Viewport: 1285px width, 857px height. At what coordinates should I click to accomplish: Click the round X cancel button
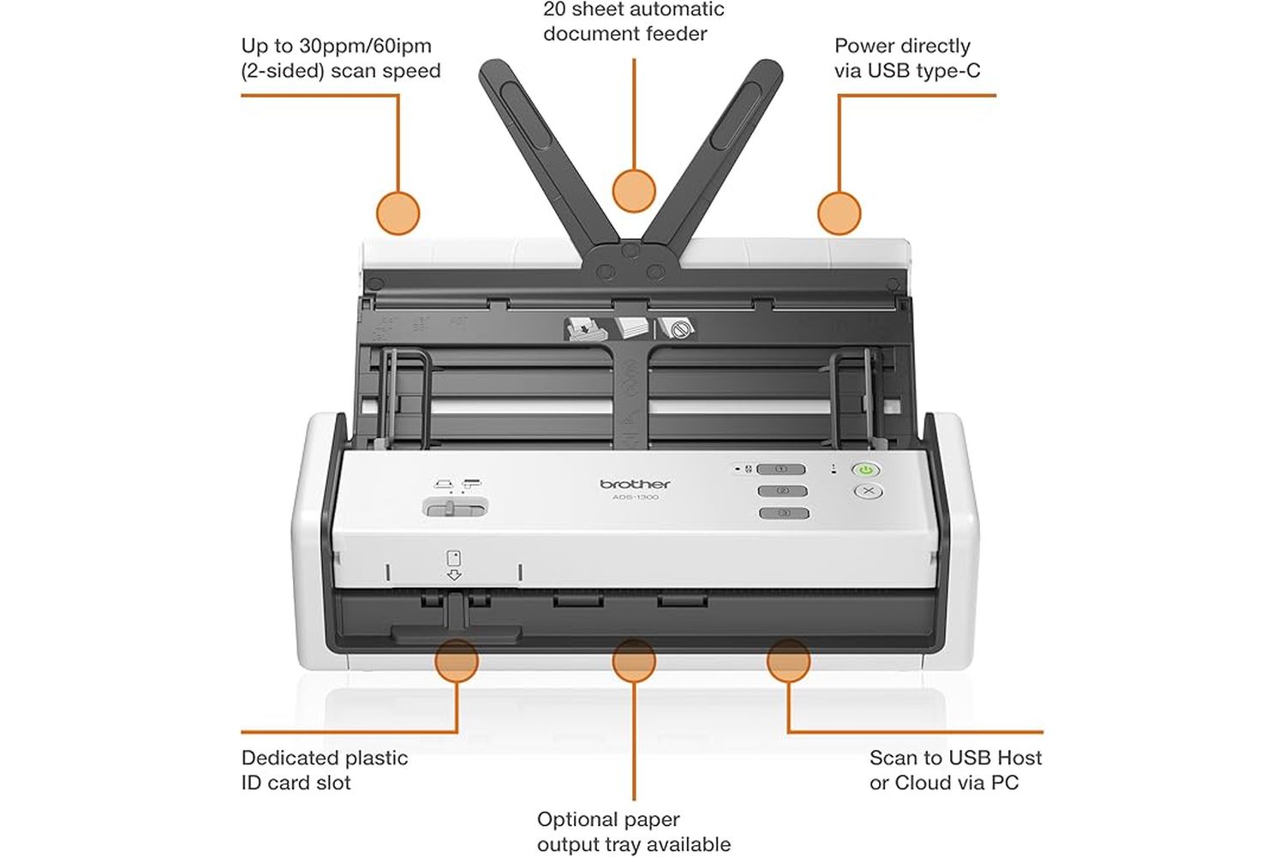coord(868,491)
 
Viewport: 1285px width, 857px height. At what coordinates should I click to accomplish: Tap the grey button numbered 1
coord(782,470)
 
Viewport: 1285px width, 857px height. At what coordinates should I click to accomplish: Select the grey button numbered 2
coord(782,491)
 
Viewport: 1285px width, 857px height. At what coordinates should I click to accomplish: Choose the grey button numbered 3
coord(783,513)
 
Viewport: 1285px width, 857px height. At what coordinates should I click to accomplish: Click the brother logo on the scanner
coord(636,484)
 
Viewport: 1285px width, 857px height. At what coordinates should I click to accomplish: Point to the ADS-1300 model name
coord(636,498)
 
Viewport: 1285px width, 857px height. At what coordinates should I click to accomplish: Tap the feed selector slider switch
coord(456,508)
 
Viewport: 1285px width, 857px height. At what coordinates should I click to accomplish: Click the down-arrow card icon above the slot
coord(454,566)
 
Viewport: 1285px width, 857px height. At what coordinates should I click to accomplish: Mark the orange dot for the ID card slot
coord(457,660)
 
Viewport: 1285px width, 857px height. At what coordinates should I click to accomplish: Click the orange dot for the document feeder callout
coord(635,190)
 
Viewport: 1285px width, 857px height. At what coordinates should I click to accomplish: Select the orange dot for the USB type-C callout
coord(839,213)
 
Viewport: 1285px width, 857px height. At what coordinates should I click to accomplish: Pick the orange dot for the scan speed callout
coord(398,213)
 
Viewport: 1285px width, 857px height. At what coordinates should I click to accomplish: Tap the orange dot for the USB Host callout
coord(788,660)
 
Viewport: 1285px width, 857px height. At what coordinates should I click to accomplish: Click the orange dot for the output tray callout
coord(635,660)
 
